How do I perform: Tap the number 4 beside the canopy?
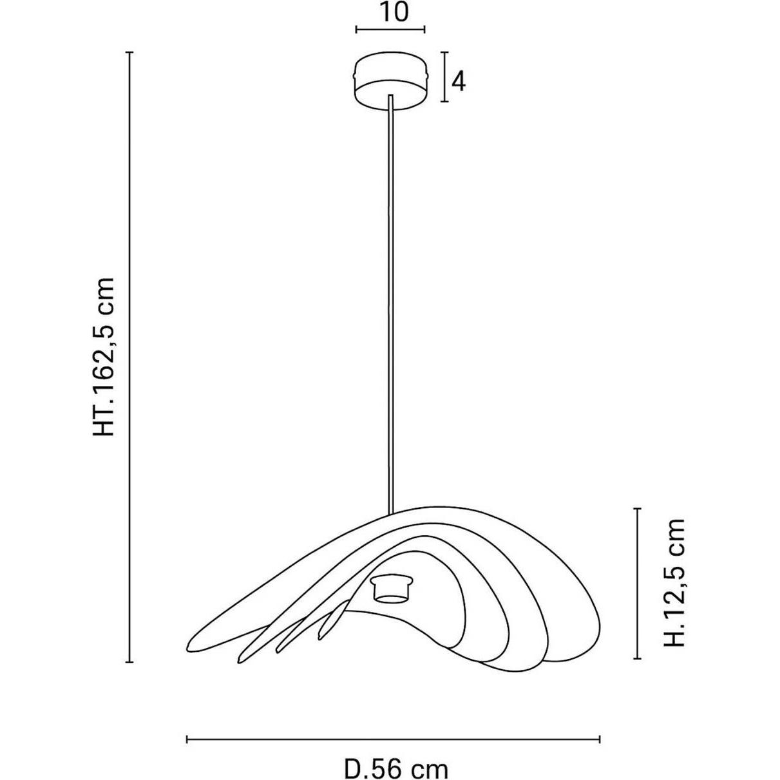click(x=458, y=82)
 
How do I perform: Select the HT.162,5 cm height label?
click(x=104, y=357)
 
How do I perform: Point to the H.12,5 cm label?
click(x=674, y=589)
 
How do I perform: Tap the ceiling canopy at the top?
click(x=391, y=81)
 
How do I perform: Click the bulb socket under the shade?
click(x=392, y=595)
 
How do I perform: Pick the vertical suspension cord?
click(x=390, y=305)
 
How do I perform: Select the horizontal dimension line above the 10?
click(x=390, y=29)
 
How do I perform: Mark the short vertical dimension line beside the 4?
click(x=445, y=77)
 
